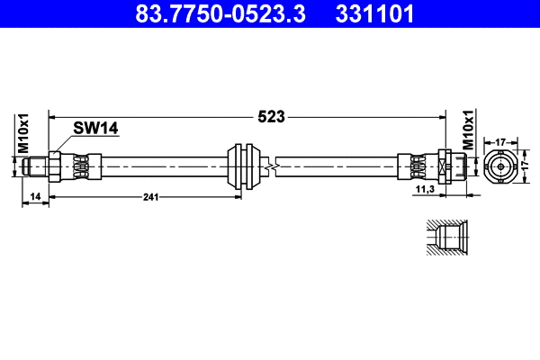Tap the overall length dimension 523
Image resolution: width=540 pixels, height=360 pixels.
pos(271,116)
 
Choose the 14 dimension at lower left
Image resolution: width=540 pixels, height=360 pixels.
pos(34,196)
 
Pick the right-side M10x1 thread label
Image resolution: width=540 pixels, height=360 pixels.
pos(469,130)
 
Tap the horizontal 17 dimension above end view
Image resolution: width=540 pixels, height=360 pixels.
pos(501,140)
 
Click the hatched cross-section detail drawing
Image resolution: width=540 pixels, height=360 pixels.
pos(444,239)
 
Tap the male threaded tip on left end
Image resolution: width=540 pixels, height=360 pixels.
pos(35,166)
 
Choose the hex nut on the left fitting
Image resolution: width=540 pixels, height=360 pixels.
pos(54,166)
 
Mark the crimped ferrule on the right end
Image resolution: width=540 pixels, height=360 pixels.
pos(417,166)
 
